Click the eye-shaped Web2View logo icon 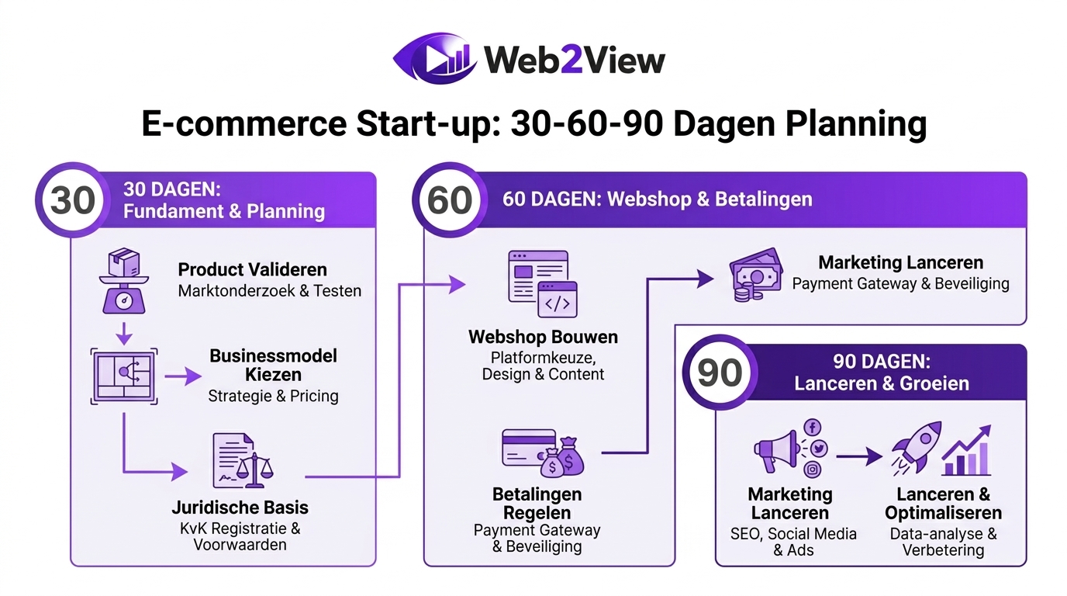pos(435,59)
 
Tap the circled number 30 pos(73,200)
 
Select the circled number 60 pos(450,200)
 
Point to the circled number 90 pos(720,372)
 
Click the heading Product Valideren pos(253,270)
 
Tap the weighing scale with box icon pos(123,281)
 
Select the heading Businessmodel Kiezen pos(273,366)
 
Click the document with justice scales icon pos(243,461)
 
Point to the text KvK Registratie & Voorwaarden pos(240,536)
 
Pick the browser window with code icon pos(543,285)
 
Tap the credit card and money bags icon pos(542,452)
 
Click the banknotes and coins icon pos(754,275)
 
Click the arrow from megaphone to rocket pos(858,457)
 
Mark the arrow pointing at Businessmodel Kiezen pos(182,377)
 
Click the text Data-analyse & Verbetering pos(943,542)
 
